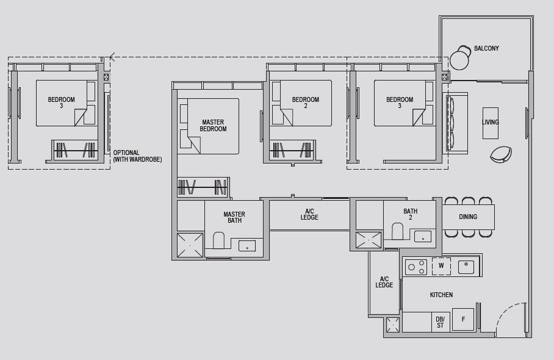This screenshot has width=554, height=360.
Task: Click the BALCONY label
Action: click(x=486, y=48)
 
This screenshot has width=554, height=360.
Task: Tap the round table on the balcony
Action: click(x=459, y=60)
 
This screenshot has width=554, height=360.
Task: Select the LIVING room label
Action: click(x=491, y=122)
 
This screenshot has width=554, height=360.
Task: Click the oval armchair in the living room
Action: click(x=501, y=154)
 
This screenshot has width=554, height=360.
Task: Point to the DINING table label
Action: click(x=468, y=217)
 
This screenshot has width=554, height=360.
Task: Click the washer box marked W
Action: click(x=441, y=266)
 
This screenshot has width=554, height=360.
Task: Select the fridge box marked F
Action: click(x=463, y=319)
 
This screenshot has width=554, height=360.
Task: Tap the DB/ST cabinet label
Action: click(x=440, y=322)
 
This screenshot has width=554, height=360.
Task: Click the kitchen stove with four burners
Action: click(x=415, y=267)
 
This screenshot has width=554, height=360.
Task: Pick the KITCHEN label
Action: click(x=441, y=295)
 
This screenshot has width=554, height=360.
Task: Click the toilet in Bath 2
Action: click(x=397, y=231)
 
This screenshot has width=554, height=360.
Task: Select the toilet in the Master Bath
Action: click(x=218, y=240)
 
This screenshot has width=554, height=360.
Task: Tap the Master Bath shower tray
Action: click(x=190, y=245)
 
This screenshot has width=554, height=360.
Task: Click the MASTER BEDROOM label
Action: click(x=213, y=126)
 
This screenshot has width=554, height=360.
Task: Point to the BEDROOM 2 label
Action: click(x=306, y=103)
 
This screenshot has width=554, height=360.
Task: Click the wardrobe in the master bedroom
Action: click(x=203, y=187)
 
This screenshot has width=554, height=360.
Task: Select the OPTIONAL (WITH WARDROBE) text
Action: click(x=137, y=156)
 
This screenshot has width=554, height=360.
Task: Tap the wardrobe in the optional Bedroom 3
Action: click(x=75, y=149)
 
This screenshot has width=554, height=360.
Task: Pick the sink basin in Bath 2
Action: click(x=423, y=236)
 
